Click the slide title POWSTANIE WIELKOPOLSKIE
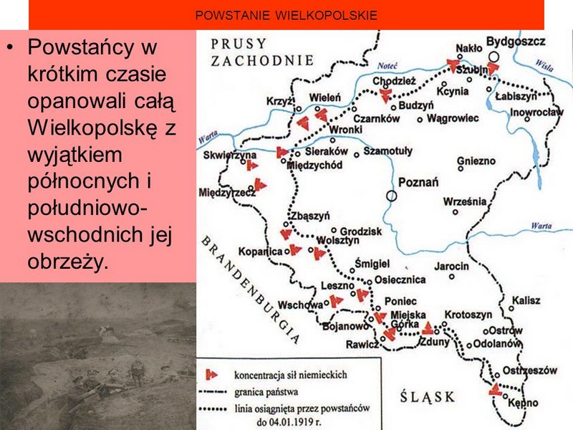click(x=286, y=15)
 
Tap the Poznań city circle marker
click(x=391, y=196)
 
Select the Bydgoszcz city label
click(x=516, y=42)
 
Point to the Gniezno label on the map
click(x=476, y=161)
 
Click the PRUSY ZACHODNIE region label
click(x=262, y=52)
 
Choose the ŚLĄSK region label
click(x=427, y=396)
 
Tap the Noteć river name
click(x=387, y=66)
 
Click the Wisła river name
click(x=544, y=64)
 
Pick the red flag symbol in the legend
click(x=211, y=374)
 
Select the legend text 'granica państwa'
click(x=266, y=392)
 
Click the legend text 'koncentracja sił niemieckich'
click(x=291, y=375)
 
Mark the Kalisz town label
click(x=526, y=300)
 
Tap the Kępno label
click(x=523, y=403)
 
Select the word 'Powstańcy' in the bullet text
click(x=81, y=47)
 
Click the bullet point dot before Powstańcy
click(x=11, y=47)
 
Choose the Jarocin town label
click(x=451, y=266)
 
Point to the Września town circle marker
click(x=456, y=212)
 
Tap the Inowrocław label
click(x=536, y=112)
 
